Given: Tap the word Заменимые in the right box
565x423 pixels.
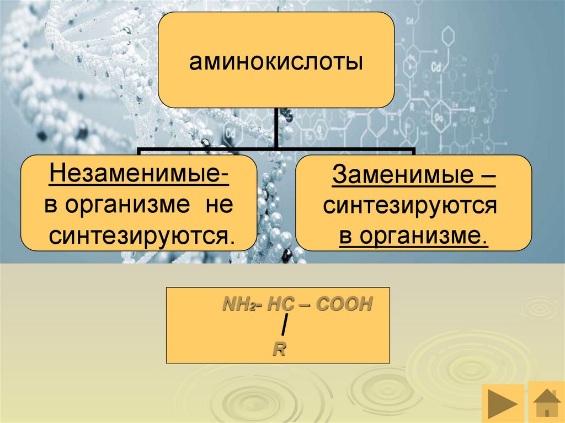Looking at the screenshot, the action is tap(399, 177).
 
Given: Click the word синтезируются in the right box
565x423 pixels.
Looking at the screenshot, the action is tap(411, 206).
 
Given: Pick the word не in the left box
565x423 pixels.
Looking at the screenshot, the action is tap(220, 206).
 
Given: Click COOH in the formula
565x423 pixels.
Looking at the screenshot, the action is tap(342, 304).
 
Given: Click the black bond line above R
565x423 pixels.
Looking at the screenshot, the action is tap(283, 327).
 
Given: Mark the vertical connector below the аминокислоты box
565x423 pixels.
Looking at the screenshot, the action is tap(276, 128).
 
